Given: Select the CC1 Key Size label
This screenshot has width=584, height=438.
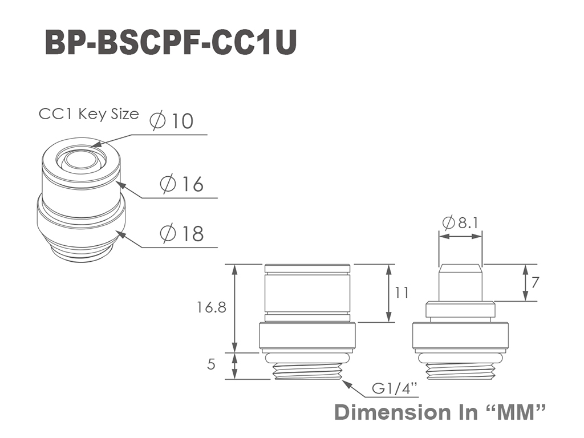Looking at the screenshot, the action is click(x=88, y=114).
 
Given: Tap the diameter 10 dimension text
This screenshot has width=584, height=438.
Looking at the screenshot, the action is click(x=172, y=121).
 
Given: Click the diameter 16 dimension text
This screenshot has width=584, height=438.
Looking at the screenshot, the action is click(x=182, y=184).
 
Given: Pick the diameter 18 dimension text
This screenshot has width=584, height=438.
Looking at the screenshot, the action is click(x=182, y=233).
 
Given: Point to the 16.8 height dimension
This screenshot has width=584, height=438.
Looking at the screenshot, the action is click(x=211, y=307).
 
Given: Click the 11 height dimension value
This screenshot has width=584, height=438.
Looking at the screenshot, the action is click(x=401, y=293).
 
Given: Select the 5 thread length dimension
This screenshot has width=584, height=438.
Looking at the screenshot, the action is click(x=211, y=364).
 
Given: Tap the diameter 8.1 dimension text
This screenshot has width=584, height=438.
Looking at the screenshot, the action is click(x=460, y=223).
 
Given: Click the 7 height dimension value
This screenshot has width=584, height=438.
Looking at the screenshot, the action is click(x=535, y=283).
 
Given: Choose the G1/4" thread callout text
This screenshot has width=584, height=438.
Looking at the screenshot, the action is click(x=395, y=389).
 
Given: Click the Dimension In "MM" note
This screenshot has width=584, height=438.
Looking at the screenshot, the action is click(x=440, y=412).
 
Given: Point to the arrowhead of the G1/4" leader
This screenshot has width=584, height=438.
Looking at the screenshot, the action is click(x=344, y=382).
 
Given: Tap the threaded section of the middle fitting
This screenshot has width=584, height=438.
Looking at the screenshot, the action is click(x=307, y=371).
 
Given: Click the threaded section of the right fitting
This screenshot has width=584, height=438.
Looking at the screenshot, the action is click(x=460, y=371).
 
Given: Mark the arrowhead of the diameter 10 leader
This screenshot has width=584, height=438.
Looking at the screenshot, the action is click(x=93, y=145).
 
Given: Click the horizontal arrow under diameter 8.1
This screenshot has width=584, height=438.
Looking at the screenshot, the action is click(x=460, y=236).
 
